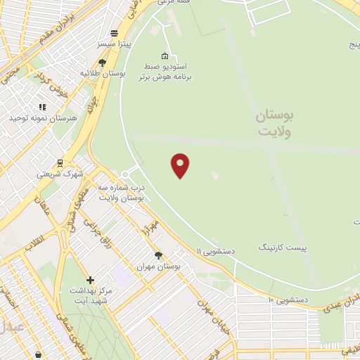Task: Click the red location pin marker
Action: pyautogui.click(x=181, y=165)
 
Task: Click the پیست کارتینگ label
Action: pyautogui.click(x=282, y=247)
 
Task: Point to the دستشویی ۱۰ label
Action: pyautogui.click(x=288, y=300)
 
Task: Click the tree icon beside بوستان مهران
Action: pyautogui.click(x=158, y=256)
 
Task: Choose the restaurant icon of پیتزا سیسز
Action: pyautogui.click(x=114, y=33)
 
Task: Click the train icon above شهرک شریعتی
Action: pyautogui.click(x=60, y=162)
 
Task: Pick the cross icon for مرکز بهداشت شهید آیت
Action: pyautogui.click(x=91, y=280)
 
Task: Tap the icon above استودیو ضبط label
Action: pyautogui.click(x=165, y=56)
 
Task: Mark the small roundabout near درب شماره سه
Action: pyautogui.click(x=125, y=174)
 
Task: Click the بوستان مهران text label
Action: pyautogui.click(x=159, y=267)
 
